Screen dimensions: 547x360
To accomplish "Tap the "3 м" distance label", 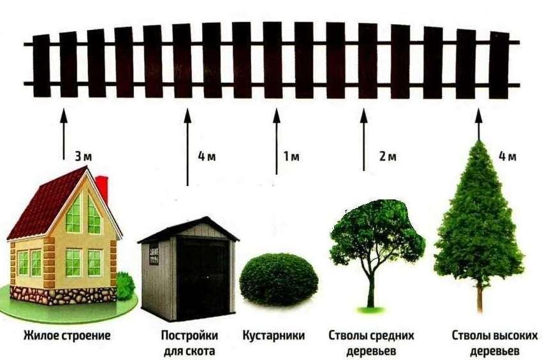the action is click(84, 157).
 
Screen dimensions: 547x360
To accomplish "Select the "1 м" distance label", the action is click(291, 157).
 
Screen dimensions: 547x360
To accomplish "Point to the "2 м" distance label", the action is click(388, 157).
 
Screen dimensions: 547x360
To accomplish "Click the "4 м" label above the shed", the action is click(207, 157).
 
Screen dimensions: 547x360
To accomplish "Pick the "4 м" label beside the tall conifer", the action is click(507, 157).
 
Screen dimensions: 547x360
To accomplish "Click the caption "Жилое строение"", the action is click(67, 336).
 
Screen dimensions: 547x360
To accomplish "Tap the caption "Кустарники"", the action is click(273, 336).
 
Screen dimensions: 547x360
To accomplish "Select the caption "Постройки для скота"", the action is click(189, 343).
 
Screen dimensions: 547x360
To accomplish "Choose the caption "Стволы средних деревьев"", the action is click(371, 343).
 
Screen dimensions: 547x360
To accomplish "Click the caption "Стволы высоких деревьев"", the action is click(495, 343).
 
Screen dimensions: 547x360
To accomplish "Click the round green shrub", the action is click(279, 280).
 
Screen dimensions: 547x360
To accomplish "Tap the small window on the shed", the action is click(154, 254).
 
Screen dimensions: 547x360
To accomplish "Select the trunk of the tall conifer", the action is click(480, 296).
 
